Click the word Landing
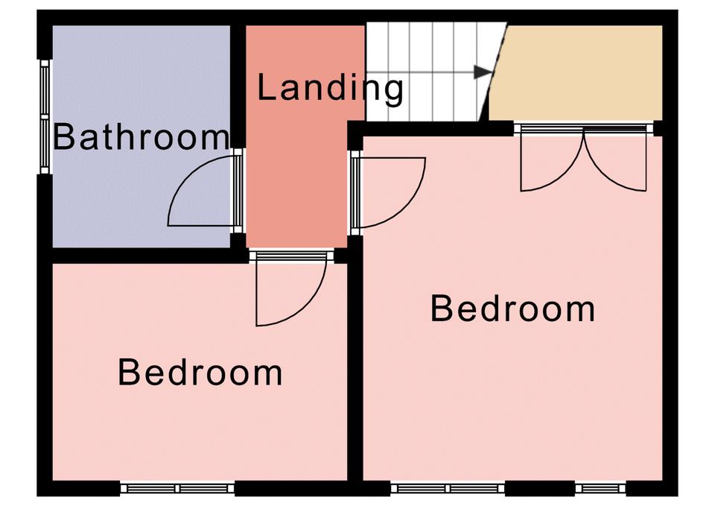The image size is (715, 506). click(x=330, y=88)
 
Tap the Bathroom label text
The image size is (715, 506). click(x=142, y=137)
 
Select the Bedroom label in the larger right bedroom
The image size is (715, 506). click(x=513, y=309)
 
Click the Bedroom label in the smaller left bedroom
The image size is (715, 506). click(x=200, y=373)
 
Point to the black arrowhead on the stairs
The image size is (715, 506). click(x=483, y=72)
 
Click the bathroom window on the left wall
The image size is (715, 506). click(x=44, y=117)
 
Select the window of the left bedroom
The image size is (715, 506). click(x=177, y=489)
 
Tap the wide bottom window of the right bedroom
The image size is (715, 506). click(x=448, y=489)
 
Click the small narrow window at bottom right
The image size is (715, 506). click(x=600, y=489)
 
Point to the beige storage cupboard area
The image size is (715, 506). click(x=576, y=73)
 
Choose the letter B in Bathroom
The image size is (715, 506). click(x=63, y=137)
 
